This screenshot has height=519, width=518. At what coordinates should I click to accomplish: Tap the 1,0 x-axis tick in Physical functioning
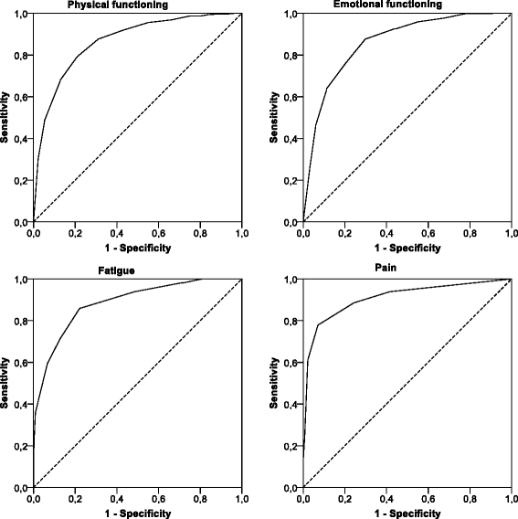click(x=242, y=233)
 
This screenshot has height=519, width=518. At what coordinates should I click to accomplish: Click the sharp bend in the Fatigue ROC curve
click(x=79, y=309)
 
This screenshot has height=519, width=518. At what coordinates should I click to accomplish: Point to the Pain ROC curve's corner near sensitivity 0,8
click(x=318, y=325)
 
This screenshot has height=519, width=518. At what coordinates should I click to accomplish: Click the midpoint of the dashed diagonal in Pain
click(x=407, y=384)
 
